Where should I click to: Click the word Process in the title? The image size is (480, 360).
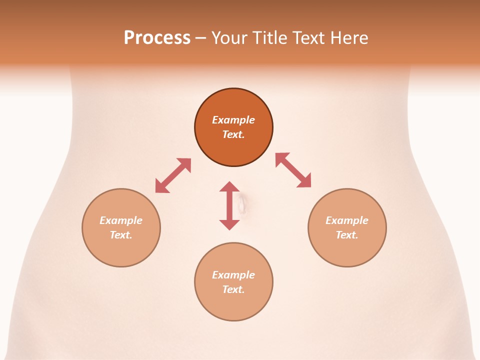(x=157, y=38)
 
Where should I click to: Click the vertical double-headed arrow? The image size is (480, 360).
(x=229, y=205)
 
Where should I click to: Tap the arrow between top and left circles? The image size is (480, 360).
(x=173, y=175)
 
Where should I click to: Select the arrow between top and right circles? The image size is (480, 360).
(x=293, y=170)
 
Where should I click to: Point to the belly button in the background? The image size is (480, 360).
(x=242, y=203)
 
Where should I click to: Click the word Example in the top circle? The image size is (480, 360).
(x=233, y=120)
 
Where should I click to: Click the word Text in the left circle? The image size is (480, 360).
(x=121, y=235)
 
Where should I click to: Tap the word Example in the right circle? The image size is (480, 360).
(x=347, y=220)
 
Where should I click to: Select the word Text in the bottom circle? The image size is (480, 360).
(x=233, y=289)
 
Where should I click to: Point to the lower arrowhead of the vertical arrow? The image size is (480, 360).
(x=229, y=224)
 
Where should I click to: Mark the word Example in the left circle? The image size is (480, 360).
(x=121, y=220)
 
